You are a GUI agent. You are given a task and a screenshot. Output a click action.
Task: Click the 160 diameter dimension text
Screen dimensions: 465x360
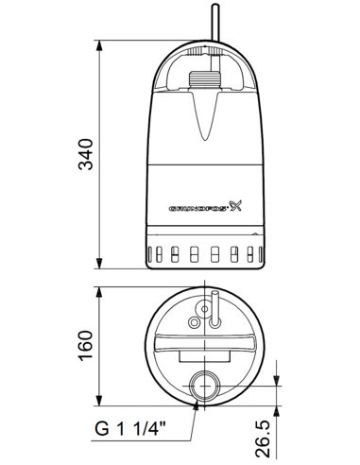coord(87,346)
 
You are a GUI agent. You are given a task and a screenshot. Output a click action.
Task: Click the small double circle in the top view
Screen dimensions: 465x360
coord(200,314)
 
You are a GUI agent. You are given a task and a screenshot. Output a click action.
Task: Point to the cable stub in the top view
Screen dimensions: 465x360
coord(214,303)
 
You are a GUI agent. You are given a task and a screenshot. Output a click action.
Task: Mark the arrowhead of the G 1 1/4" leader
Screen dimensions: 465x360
coord(197,401)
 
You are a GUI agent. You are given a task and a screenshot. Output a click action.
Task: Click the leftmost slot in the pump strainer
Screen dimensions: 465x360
coord(151,253)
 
